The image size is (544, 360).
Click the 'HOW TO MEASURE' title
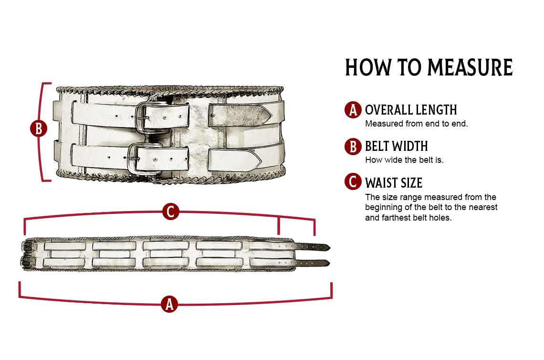[x=429, y=67]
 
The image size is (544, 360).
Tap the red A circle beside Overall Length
[x=353, y=110]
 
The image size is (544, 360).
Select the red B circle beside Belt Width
[x=353, y=147]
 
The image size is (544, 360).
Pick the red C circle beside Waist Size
[x=353, y=181]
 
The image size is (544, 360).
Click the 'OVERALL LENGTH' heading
[x=411, y=110]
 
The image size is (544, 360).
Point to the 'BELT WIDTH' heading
[x=396, y=147]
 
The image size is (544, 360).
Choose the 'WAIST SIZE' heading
[x=393, y=183]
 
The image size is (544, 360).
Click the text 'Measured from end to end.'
[x=416, y=124]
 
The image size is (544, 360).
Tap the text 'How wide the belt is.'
[x=404, y=160]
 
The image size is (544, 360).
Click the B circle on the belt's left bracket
[x=39, y=128]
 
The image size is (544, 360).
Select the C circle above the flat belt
[x=170, y=212]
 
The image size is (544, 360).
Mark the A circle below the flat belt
[x=169, y=304]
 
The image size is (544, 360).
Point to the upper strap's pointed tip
[x=272, y=114]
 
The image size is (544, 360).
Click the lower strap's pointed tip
[x=261, y=159]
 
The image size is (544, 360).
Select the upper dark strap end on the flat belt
[x=314, y=247]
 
